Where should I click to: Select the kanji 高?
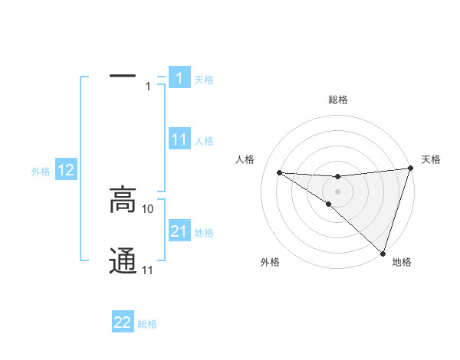(x=123, y=201)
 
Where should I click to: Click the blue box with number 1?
(x=179, y=78)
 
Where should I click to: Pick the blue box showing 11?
(x=179, y=139)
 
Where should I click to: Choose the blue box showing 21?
(x=179, y=231)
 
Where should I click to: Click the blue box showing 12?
(x=66, y=171)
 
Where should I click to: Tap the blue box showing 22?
(x=123, y=322)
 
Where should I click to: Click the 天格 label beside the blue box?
(x=204, y=80)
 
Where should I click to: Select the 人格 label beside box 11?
(x=204, y=141)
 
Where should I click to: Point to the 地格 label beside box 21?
(x=204, y=233)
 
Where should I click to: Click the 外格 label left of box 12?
(x=41, y=172)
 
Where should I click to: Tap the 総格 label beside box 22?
(x=147, y=324)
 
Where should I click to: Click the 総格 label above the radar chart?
(x=337, y=100)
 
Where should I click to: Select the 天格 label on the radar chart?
(x=431, y=159)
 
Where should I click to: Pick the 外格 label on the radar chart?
(x=270, y=263)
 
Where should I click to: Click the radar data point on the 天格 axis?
(x=410, y=169)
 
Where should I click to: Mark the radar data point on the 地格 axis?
(x=382, y=252)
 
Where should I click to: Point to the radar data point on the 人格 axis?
(x=279, y=172)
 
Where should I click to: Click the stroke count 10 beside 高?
(x=149, y=208)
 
